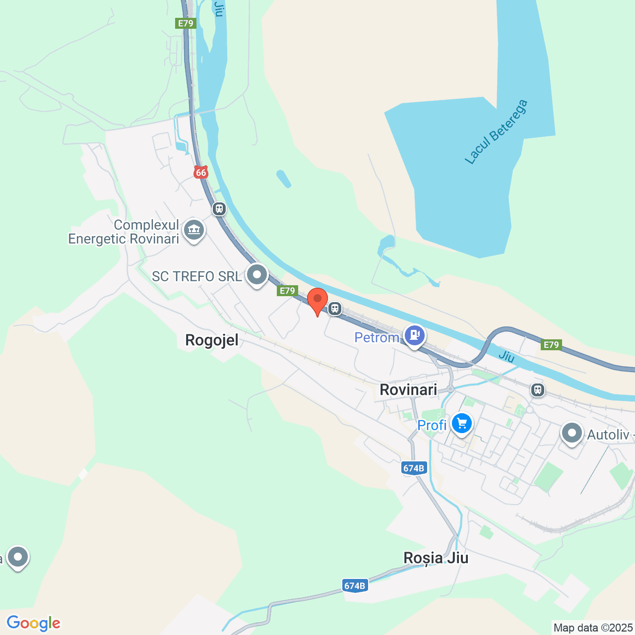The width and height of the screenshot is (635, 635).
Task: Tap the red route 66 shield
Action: point(201,172)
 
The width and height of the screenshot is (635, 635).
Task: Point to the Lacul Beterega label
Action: point(496,132)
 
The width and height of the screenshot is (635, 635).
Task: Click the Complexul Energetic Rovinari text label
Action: point(124,232)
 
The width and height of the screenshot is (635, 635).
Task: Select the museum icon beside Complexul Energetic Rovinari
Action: point(194,230)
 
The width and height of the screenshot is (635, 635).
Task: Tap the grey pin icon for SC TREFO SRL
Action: point(257,274)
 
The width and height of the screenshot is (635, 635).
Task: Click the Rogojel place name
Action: point(212,340)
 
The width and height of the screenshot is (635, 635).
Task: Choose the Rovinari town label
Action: point(408,389)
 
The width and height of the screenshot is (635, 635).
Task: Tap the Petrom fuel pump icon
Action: point(414,335)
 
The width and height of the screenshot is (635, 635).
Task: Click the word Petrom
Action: point(377,338)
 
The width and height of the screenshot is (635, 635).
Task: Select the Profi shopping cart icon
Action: point(462,424)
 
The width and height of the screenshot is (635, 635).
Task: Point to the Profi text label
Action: point(432,425)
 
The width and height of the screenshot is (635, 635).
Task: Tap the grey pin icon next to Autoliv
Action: point(572,433)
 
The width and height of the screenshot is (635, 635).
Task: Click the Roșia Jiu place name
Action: point(436,558)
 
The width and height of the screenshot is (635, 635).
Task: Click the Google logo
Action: point(34,623)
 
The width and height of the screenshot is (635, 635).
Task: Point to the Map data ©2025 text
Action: point(593,628)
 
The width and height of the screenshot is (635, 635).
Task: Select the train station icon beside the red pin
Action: point(335,309)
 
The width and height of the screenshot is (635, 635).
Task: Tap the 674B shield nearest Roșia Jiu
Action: point(355,586)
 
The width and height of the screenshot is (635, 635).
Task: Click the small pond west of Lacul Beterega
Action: point(283,179)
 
